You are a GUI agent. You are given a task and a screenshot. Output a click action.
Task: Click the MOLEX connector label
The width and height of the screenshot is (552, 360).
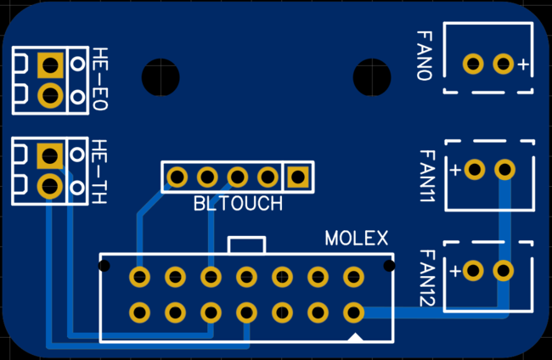pyautogui.click(x=356, y=238)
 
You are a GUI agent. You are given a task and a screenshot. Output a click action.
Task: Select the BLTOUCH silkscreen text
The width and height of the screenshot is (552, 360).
pyautogui.click(x=238, y=204)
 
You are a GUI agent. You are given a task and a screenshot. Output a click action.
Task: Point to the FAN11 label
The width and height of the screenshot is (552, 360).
pyautogui.click(x=426, y=177)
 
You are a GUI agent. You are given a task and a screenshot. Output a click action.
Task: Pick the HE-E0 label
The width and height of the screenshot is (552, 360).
pyautogui.click(x=99, y=77)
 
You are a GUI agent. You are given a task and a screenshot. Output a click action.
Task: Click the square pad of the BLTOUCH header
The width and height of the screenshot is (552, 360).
pyautogui.click(x=297, y=177)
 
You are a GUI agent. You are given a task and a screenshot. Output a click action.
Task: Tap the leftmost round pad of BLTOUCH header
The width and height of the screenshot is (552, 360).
pyautogui.click(x=177, y=177)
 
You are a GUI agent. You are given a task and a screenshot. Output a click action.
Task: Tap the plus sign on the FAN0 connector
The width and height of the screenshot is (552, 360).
pyautogui.click(x=523, y=65)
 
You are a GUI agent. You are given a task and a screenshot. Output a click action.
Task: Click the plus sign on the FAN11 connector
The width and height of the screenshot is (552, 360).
pyautogui.click(x=455, y=170)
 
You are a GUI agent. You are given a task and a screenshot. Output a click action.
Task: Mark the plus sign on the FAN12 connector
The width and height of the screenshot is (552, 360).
pyautogui.click(x=455, y=272)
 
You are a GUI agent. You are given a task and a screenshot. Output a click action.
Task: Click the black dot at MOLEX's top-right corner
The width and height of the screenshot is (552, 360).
pyautogui.click(x=390, y=266)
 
